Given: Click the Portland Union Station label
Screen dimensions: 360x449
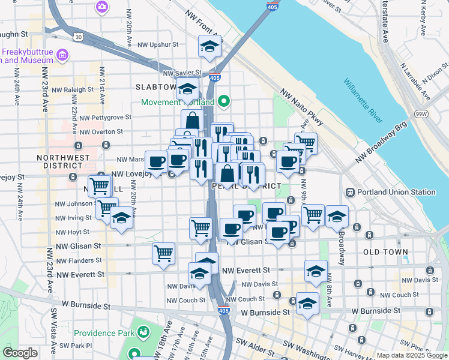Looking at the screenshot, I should [396, 192].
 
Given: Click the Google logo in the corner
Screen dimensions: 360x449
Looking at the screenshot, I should [20, 353].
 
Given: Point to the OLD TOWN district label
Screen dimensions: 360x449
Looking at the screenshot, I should [386, 252].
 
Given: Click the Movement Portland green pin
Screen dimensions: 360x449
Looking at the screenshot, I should [224, 101].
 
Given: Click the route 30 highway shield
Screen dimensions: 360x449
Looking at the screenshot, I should [79, 37].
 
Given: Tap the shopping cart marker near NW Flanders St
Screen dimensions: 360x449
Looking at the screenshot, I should [163, 253].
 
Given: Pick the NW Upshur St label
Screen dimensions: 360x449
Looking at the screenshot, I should [158, 44].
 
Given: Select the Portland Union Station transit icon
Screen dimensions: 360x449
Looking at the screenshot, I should [349, 192].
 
